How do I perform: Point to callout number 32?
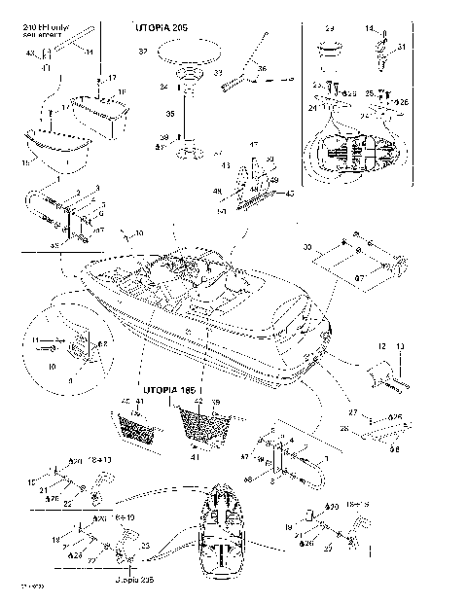144,50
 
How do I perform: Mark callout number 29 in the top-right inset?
330,30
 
